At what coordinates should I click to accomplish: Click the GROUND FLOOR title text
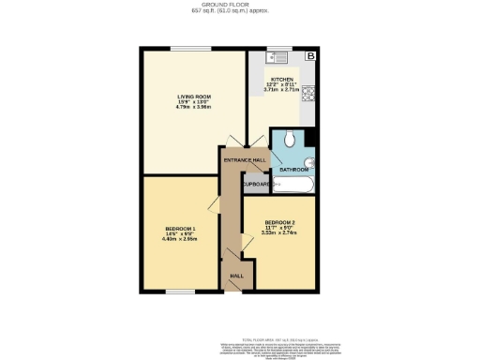point(239,4)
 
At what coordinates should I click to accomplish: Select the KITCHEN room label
point(282,80)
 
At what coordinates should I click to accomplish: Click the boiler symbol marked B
point(311,57)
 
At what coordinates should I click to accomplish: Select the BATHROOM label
point(294,170)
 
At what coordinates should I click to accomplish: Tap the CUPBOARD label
point(257,184)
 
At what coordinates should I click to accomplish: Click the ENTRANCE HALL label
point(245,159)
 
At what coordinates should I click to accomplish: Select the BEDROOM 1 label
point(180,229)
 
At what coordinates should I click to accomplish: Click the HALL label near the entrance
point(237,276)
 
